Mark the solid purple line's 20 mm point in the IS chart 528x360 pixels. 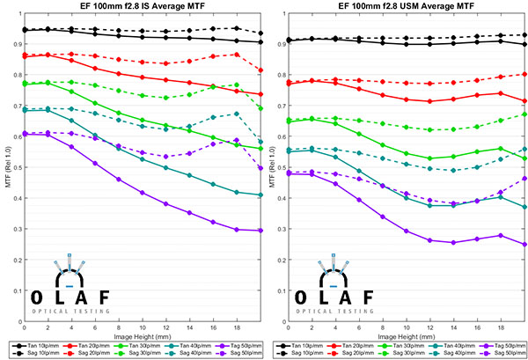coord(261,231)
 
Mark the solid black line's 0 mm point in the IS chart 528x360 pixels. coord(23,30)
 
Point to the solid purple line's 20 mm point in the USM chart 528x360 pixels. coord(525,245)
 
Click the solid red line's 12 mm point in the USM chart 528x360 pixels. coord(429,101)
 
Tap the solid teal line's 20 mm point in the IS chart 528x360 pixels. coord(261,195)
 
